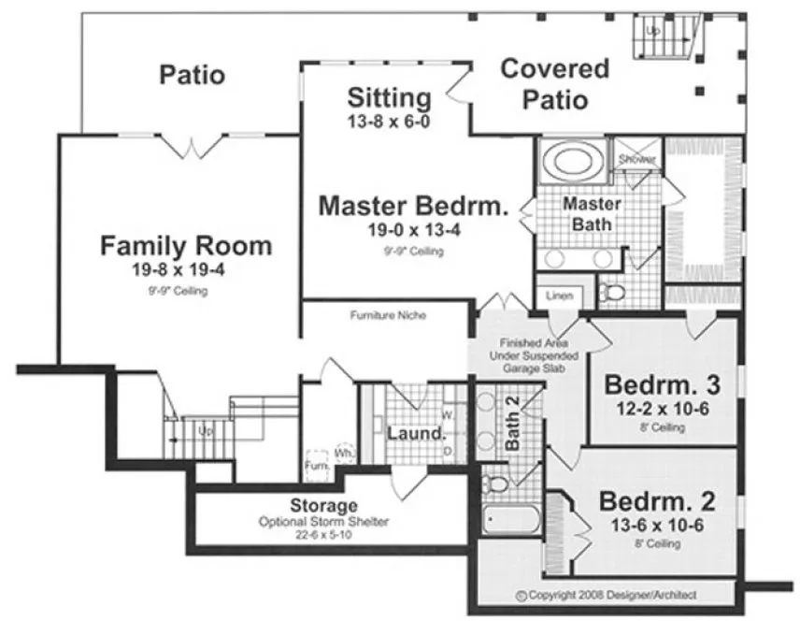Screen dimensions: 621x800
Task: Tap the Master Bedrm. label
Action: [413, 206]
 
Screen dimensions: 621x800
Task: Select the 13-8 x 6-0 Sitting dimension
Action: [389, 121]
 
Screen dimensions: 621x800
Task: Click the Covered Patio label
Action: [554, 83]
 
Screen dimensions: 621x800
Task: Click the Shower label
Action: [636, 160]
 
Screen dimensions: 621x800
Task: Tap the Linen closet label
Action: [560, 296]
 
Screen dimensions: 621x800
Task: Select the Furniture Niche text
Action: [388, 316]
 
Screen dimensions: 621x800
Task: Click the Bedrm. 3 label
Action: [663, 385]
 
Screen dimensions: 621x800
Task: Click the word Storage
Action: [323, 506]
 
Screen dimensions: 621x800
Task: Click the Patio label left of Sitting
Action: [192, 74]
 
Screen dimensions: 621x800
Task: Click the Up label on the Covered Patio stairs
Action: [653, 31]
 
